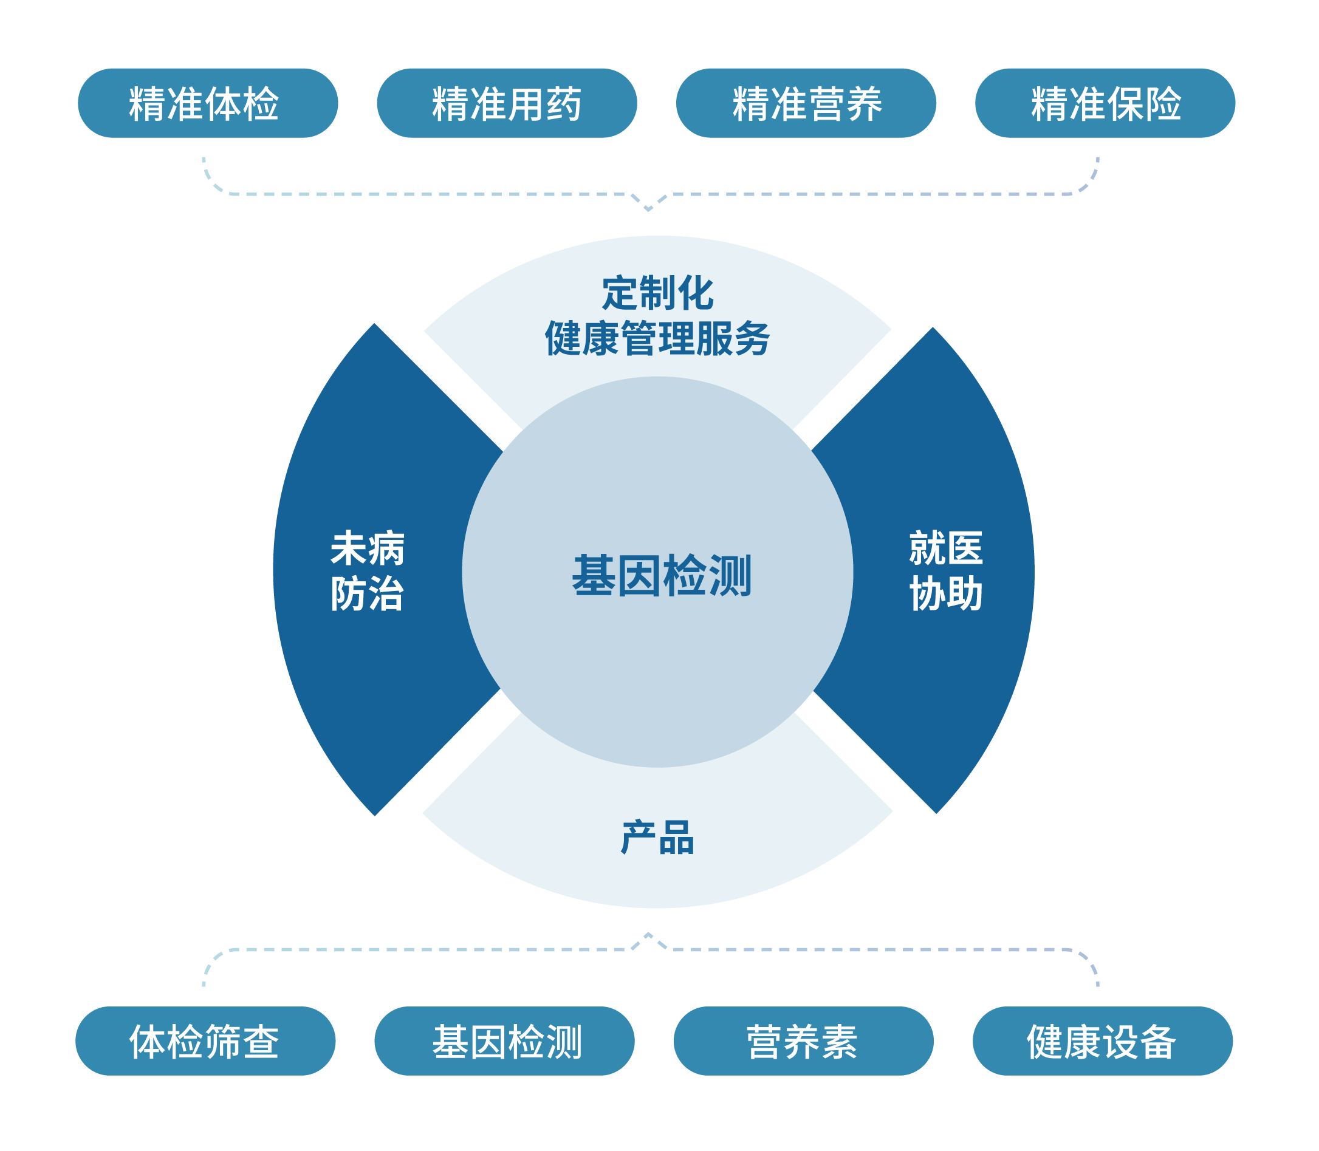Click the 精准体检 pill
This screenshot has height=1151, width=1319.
tap(208, 103)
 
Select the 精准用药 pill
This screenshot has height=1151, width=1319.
tap(506, 103)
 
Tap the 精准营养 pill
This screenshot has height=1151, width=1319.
tap(806, 103)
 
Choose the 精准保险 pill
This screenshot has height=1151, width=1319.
tap(1105, 103)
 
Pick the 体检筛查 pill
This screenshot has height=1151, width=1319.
tap(205, 1041)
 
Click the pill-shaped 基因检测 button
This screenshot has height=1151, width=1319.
tap(504, 1041)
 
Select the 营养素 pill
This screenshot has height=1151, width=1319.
tap(803, 1041)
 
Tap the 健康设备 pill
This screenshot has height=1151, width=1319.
tap(1103, 1041)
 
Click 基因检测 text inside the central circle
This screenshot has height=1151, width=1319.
tap(661, 576)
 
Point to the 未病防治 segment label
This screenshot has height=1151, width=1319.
tap(367, 570)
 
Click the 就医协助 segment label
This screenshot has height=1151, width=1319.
tap(946, 570)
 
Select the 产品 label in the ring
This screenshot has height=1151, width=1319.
tap(657, 838)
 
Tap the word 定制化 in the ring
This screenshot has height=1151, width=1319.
tap(657, 293)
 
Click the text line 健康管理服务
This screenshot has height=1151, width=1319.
tap(657, 338)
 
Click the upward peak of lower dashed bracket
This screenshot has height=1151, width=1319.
tap(648, 934)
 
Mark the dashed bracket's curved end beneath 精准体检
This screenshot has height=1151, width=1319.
tap(210, 181)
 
